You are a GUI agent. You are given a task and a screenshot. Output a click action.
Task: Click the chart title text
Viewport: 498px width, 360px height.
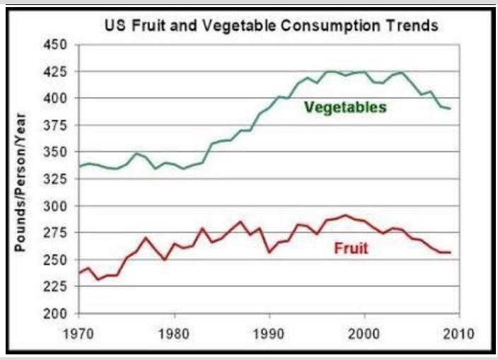[272, 26]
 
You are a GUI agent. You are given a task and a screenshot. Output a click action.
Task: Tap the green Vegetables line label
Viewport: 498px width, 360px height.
[345, 108]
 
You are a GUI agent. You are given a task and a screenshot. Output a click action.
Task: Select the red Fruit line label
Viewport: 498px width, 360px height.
[351, 249]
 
